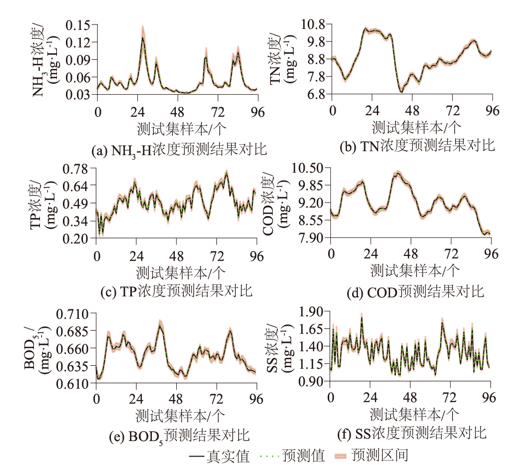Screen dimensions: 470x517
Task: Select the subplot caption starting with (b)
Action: tap(417, 146)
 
